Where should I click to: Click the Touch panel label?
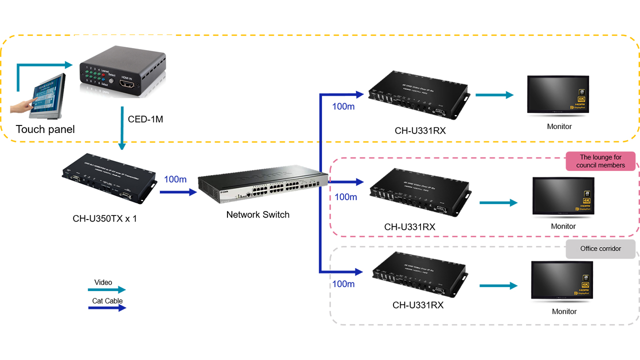45,129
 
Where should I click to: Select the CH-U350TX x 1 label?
104,218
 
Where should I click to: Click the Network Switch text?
257,214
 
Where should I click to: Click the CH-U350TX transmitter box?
109,178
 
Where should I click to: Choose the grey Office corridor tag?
600,248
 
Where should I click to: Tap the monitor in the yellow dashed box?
558,95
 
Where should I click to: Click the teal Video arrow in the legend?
107,289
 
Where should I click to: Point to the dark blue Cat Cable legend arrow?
107,308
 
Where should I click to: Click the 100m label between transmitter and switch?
175,179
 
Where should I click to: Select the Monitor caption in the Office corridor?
564,311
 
